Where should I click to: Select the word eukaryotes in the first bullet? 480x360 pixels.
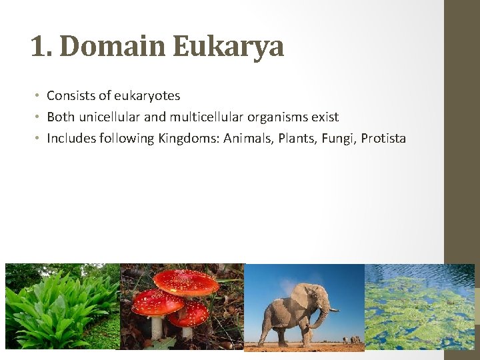pos(149,95)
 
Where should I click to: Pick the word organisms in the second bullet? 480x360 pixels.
pos(272,117)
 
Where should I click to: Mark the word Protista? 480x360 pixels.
pos(384,139)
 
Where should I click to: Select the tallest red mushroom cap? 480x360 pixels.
pos(186,283)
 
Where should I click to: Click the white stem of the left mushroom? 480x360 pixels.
pos(157,327)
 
